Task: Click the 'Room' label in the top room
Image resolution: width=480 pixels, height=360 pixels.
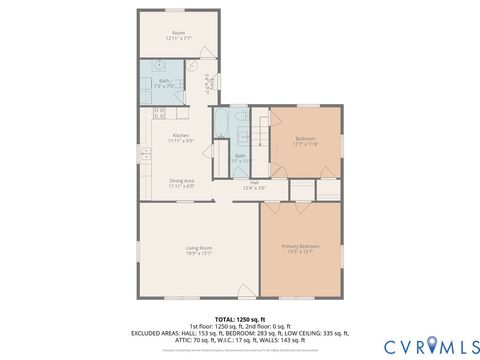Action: pos(179,33)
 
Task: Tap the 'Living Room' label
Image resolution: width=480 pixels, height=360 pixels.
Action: pos(199,247)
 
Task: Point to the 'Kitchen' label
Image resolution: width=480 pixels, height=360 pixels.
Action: pos(181,135)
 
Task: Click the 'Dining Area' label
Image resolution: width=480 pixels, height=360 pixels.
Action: pos(181,180)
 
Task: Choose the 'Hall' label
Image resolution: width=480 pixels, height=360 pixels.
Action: pos(254,182)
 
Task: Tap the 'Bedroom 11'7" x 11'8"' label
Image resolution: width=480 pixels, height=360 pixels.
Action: pos(306,140)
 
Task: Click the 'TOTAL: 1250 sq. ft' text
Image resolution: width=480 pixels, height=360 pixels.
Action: pos(240,319)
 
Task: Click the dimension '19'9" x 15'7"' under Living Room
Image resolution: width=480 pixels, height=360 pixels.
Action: pos(199,253)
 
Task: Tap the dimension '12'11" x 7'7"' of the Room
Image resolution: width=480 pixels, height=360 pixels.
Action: pos(179,38)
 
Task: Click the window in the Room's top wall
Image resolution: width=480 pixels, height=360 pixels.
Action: pos(178,12)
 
